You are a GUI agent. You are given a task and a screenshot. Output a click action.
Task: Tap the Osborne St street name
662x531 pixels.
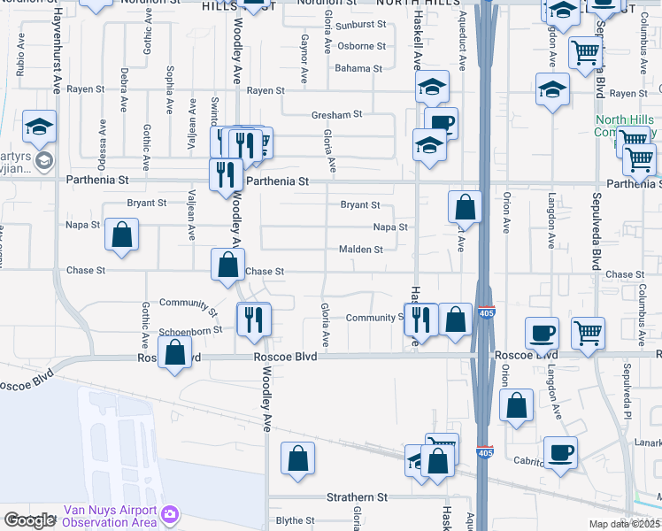[362, 46]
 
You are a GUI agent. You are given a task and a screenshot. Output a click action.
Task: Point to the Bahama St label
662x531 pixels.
[358, 68]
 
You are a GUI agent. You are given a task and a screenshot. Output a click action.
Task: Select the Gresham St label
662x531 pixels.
[337, 114]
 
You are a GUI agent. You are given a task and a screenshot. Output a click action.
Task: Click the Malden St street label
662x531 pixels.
[360, 250]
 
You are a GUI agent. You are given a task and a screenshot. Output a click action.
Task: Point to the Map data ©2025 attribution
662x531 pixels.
[624, 524]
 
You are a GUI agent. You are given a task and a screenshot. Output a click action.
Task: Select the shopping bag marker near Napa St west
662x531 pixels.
[122, 235]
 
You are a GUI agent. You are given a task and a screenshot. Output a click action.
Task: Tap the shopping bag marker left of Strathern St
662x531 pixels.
[298, 458]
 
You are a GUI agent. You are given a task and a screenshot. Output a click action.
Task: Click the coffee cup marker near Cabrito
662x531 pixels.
[560, 453]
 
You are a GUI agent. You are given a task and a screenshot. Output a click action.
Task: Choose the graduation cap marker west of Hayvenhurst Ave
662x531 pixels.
[40, 127]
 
